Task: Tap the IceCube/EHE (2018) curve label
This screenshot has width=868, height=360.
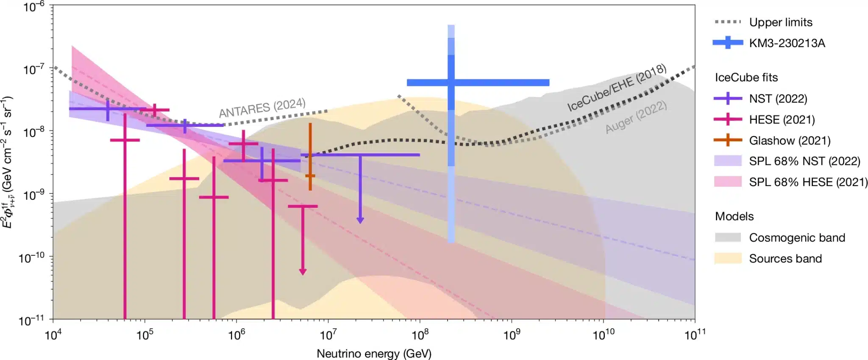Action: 617,88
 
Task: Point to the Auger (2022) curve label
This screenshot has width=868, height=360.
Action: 636,117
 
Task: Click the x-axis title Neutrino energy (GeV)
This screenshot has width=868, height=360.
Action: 374,353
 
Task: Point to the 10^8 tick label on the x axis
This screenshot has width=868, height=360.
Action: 420,335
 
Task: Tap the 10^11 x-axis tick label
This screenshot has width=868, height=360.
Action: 695,335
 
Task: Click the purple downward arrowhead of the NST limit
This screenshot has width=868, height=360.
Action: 360,220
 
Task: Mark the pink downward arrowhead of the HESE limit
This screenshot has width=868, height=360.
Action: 303,271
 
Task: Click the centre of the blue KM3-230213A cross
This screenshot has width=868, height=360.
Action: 451,82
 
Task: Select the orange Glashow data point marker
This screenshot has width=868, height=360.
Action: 310,176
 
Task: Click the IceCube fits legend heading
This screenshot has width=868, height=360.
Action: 746,78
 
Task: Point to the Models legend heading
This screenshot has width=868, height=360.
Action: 734,216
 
